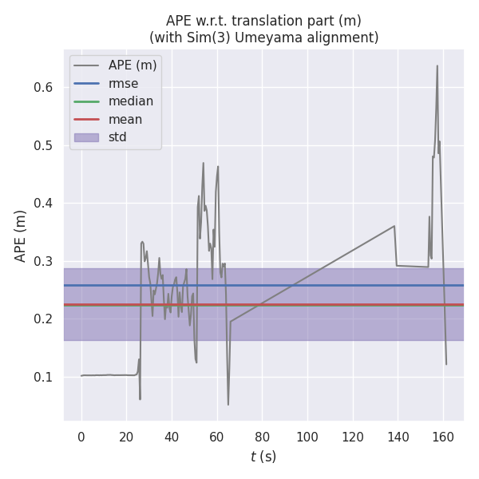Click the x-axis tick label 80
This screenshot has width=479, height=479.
(262, 437)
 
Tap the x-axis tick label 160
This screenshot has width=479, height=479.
(443, 437)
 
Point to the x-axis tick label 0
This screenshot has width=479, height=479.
(81, 437)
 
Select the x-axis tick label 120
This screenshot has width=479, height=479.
(352, 437)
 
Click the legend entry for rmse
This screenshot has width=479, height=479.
(123, 84)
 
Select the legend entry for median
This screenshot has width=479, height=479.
(131, 101)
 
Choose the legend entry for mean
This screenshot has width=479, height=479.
(125, 120)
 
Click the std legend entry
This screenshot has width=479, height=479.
(117, 137)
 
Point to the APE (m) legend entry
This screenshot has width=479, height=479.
(133, 65)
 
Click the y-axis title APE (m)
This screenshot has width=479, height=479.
(21, 236)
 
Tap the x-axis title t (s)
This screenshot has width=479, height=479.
(263, 457)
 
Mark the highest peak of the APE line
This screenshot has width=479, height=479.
(437, 66)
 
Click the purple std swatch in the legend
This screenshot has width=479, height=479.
(86, 137)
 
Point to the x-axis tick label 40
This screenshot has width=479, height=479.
(172, 437)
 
